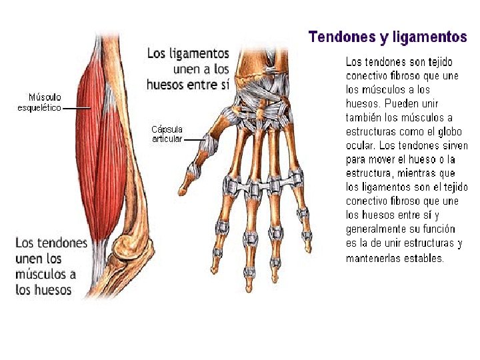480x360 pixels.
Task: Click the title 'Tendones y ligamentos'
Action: [x=387, y=37]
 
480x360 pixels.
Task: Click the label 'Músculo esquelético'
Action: [x=39, y=102]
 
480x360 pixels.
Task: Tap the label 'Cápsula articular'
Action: [x=167, y=133]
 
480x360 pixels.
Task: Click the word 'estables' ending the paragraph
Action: [x=423, y=258]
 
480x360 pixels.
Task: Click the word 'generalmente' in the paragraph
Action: [x=376, y=229]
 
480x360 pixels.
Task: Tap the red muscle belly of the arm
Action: [x=100, y=153]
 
